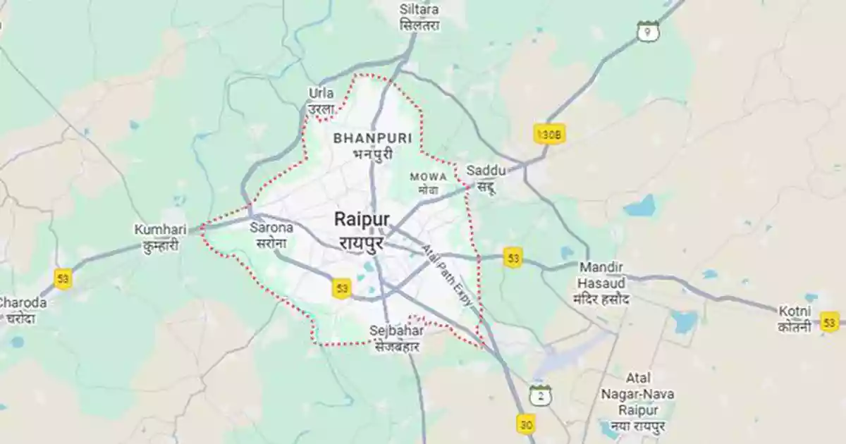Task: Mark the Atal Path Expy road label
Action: coord(447,274)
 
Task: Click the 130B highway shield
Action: coord(549,133)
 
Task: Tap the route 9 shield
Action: coord(647,31)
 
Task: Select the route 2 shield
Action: coord(541,395)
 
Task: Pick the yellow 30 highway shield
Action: coord(526,424)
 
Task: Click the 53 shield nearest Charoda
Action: coord(63,278)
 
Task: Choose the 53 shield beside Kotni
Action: coord(830,321)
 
